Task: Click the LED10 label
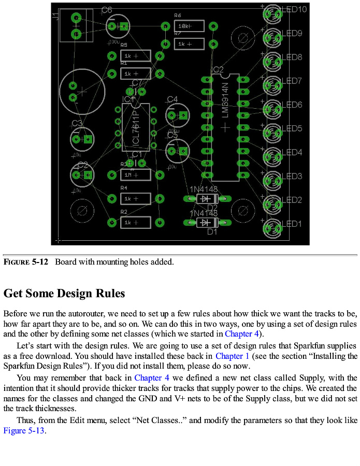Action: click(x=295, y=9)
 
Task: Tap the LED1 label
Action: click(x=292, y=224)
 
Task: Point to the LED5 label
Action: click(x=292, y=128)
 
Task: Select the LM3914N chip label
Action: click(x=225, y=99)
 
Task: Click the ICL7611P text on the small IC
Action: click(x=136, y=128)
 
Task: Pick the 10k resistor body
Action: click(x=189, y=26)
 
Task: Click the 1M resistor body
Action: click(x=135, y=175)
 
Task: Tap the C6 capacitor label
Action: click(x=107, y=10)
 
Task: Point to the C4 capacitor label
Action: click(x=172, y=99)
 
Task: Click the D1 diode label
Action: click(x=212, y=231)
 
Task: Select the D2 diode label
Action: click(x=212, y=207)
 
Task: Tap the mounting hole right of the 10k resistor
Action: click(x=241, y=37)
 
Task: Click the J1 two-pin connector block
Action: click(x=76, y=26)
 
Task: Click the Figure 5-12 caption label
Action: click(x=25, y=262)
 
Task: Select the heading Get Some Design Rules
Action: click(x=64, y=294)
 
